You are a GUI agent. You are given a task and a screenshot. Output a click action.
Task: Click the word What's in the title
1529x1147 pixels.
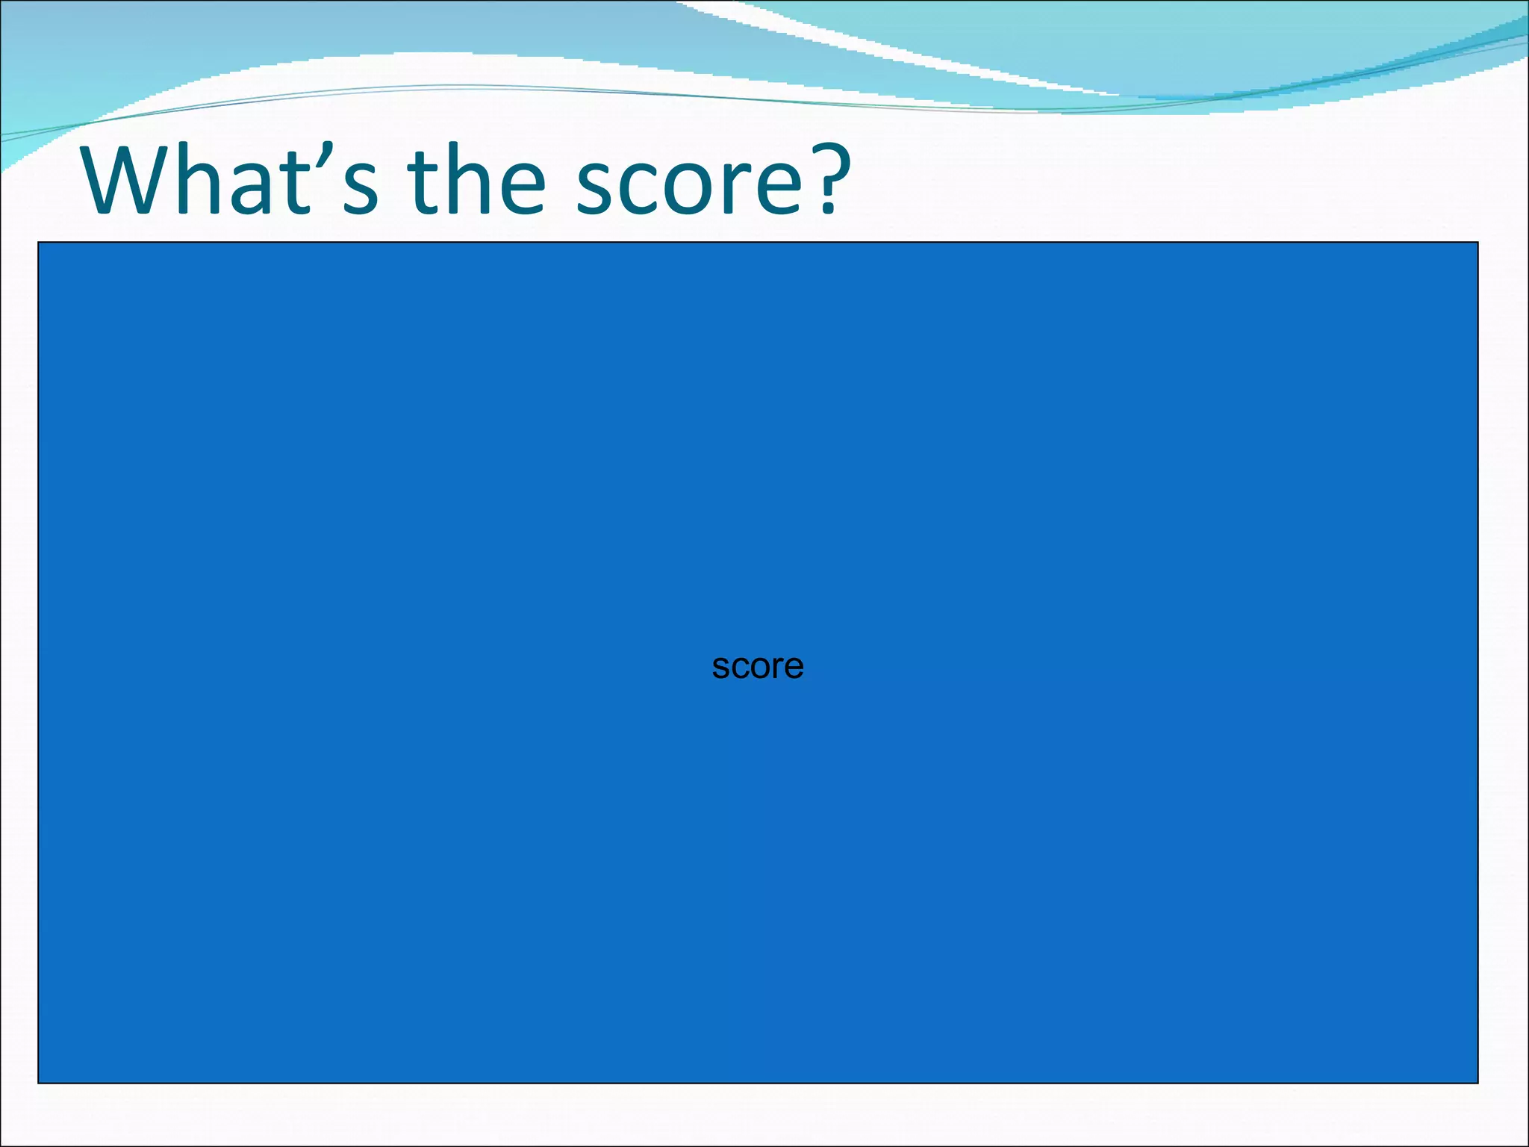[231, 181]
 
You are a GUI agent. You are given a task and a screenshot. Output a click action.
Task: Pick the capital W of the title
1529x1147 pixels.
[128, 181]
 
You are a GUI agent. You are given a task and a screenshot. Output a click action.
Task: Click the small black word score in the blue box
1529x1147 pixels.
[757, 666]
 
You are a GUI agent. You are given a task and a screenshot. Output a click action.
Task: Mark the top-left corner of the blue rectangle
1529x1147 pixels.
[39, 243]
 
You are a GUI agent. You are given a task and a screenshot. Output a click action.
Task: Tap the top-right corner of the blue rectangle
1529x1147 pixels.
[1477, 243]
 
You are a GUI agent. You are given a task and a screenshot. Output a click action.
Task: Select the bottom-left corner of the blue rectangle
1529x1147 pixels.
[39, 1082]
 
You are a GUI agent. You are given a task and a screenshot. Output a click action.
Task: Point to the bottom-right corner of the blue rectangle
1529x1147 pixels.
[1477, 1082]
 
